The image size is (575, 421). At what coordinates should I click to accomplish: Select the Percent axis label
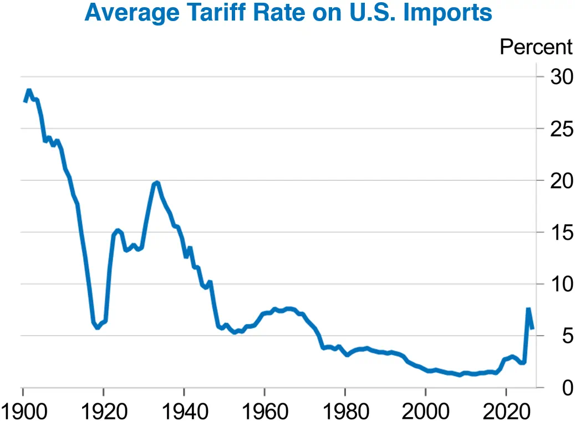tap(536, 47)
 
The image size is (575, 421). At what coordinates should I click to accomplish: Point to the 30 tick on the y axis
tap(561, 77)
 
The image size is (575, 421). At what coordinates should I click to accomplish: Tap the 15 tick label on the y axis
tap(561, 232)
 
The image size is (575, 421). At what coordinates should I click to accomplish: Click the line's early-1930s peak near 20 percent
tap(157, 182)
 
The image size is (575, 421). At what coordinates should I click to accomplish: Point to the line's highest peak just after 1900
tap(29, 90)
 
